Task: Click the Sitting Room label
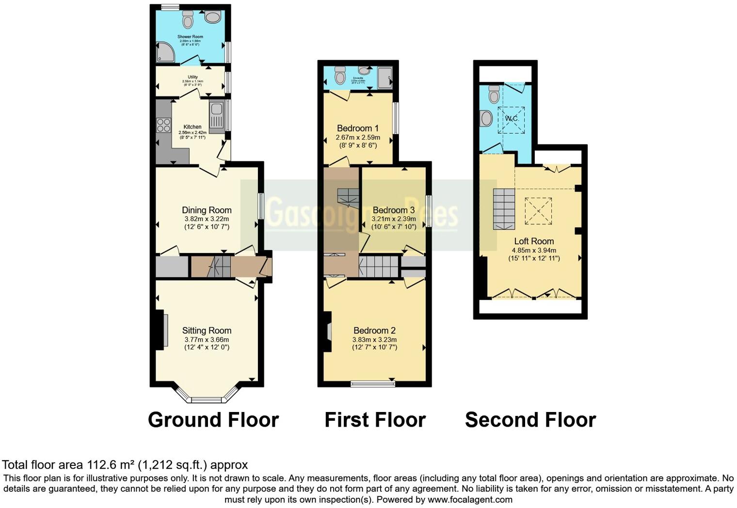coord(207,331)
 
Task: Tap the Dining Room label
coord(207,210)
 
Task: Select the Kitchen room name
coord(192,127)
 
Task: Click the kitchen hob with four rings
coord(163,125)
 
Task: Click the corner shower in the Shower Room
coord(165,52)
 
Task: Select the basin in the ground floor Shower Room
coord(212,17)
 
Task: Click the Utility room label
coord(192,77)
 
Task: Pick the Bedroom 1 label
coord(358,128)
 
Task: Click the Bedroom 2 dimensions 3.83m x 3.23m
coord(374,340)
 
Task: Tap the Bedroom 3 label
coord(394,210)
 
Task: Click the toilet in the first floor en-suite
coord(340,78)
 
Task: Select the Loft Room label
coord(534,241)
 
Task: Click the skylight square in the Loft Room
coord(538,211)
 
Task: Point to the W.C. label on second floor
coord(512,119)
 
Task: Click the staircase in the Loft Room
coord(504,209)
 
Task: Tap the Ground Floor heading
coord(213,420)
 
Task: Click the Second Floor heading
coord(530,420)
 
